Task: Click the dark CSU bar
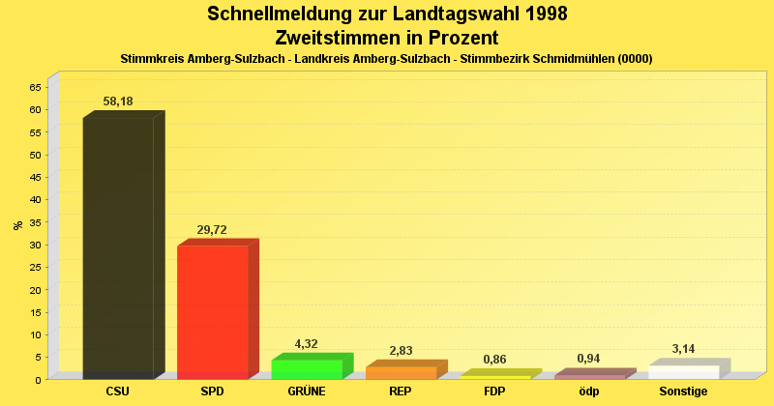point(118,246)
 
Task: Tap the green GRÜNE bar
point(307,368)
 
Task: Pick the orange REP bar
point(401,372)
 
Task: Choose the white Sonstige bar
point(684,372)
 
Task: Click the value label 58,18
point(118,101)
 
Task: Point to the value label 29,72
point(212,230)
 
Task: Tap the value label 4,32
point(307,344)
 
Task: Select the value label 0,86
point(494,360)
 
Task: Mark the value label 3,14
point(684,349)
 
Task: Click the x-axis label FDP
point(494,391)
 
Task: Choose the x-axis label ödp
point(589,391)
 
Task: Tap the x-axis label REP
point(401,391)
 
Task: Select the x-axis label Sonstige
point(684,391)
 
